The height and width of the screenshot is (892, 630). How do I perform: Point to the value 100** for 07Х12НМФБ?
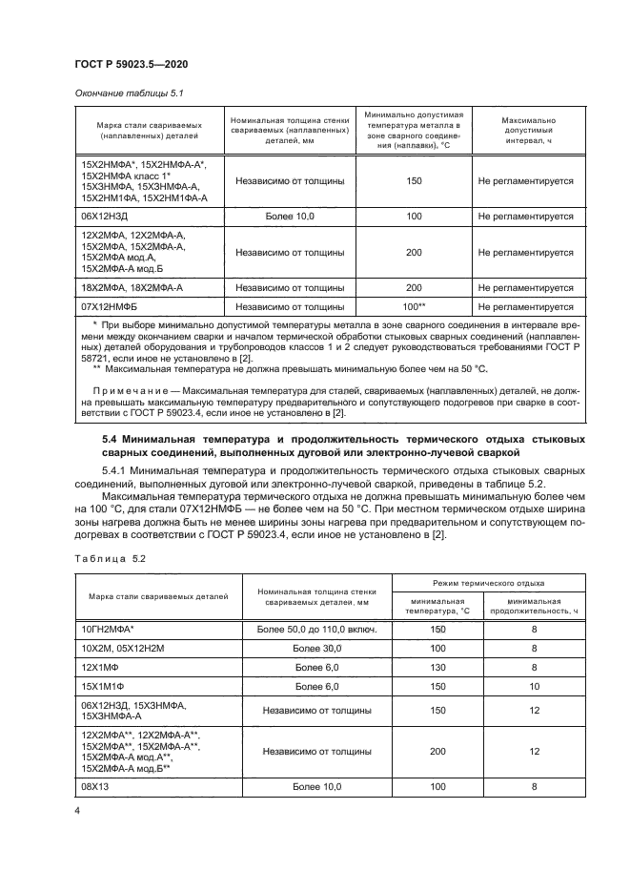(x=413, y=307)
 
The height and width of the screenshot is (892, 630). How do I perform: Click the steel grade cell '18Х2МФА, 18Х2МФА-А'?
(x=132, y=287)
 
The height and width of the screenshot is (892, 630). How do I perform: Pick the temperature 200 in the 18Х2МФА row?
(x=413, y=287)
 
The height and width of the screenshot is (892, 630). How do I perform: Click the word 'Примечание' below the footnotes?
(x=134, y=392)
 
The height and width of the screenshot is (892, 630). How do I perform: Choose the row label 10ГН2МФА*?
(x=108, y=630)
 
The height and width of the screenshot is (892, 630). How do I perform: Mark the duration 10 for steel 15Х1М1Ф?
(x=534, y=686)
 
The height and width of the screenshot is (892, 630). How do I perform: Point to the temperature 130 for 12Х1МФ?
(x=437, y=667)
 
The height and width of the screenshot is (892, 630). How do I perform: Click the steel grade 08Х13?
(x=98, y=786)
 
